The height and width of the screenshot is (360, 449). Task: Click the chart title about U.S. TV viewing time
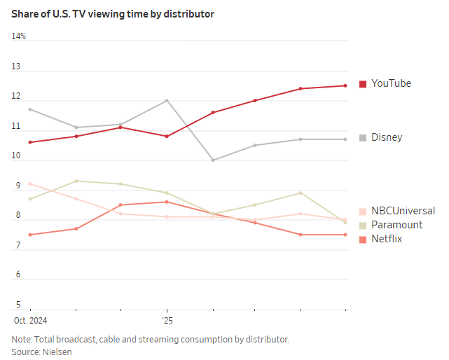pyautogui.click(x=113, y=14)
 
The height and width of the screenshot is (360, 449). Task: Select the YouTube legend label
pyautogui.click(x=391, y=83)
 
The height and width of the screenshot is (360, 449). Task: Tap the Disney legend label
pyautogui.click(x=387, y=137)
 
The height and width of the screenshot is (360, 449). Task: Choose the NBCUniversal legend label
pyautogui.click(x=403, y=211)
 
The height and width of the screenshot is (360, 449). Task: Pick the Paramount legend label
pyautogui.click(x=396, y=225)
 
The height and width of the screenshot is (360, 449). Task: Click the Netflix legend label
pyautogui.click(x=387, y=239)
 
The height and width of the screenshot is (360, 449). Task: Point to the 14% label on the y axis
pyautogui.click(x=19, y=36)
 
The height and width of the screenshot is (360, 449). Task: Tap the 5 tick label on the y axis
pyautogui.click(x=18, y=305)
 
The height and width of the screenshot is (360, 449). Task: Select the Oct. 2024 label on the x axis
pyautogui.click(x=29, y=320)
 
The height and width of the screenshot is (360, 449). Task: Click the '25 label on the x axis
pyautogui.click(x=167, y=320)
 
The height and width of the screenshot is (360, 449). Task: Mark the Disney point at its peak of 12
pyautogui.click(x=167, y=100)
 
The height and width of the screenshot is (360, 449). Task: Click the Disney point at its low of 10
pyautogui.click(x=212, y=160)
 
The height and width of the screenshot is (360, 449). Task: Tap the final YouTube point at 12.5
pyautogui.click(x=345, y=85)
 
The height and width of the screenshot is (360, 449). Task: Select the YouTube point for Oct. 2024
pyautogui.click(x=30, y=142)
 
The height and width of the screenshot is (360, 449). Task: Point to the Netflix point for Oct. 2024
pyautogui.click(x=30, y=235)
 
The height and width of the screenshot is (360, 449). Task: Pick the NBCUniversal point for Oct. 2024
pyautogui.click(x=30, y=184)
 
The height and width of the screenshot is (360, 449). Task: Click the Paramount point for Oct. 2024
pyautogui.click(x=30, y=199)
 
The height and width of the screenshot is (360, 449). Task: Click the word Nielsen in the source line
pyautogui.click(x=57, y=352)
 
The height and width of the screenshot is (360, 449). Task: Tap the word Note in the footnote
pyautogui.click(x=21, y=339)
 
